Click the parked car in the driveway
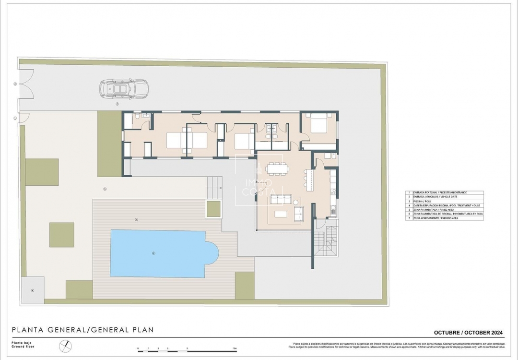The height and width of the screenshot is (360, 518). (x=124, y=89)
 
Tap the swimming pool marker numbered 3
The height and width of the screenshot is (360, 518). (x=153, y=253)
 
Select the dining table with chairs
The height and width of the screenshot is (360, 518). (x=277, y=168)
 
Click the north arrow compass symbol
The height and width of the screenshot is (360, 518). (x=65, y=346)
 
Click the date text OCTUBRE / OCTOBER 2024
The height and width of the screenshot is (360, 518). (x=468, y=333)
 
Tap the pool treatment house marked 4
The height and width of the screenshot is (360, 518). (x=33, y=290)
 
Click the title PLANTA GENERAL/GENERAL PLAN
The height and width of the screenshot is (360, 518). (x=83, y=330)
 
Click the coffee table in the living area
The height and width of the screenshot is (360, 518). (x=281, y=214)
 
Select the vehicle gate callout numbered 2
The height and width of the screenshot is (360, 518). (x=15, y=84)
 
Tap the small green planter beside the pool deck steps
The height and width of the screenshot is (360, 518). (x=213, y=209)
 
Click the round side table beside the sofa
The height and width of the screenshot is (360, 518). (x=296, y=202)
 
